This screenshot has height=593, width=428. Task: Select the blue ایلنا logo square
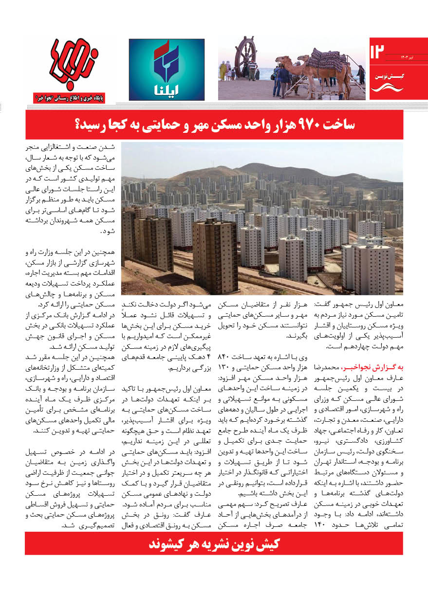click(x=167, y=70)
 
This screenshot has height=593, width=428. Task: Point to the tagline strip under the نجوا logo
click(x=73, y=97)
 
